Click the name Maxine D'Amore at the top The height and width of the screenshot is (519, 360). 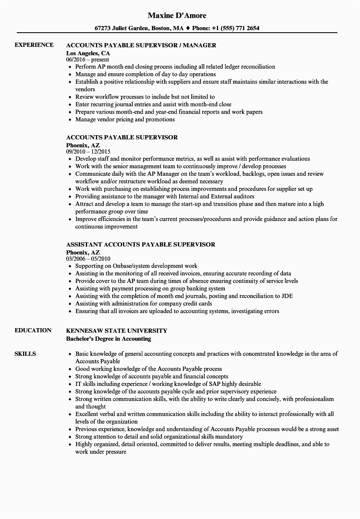tap(177, 15)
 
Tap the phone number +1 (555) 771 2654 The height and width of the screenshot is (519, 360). tap(236, 28)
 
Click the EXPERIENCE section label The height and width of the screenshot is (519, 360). tap(34, 45)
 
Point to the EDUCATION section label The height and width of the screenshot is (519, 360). tap(33, 330)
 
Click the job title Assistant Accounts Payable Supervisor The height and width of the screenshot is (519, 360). tap(141, 244)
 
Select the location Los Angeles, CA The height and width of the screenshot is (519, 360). tap(88, 53)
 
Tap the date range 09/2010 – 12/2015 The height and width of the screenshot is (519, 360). tap(88, 152)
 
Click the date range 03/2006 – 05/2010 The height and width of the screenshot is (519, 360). tap(88, 259)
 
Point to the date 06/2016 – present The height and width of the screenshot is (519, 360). tap(87, 59)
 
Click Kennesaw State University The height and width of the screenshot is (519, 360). tap(117, 330)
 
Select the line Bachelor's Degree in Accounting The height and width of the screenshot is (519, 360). tap(109, 339)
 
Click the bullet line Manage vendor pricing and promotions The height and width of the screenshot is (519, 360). tap(125, 119)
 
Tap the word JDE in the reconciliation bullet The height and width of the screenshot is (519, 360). tap(287, 296)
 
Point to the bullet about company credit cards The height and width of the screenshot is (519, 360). tap(144, 303)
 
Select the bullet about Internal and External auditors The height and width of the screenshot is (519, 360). tap(165, 196)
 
